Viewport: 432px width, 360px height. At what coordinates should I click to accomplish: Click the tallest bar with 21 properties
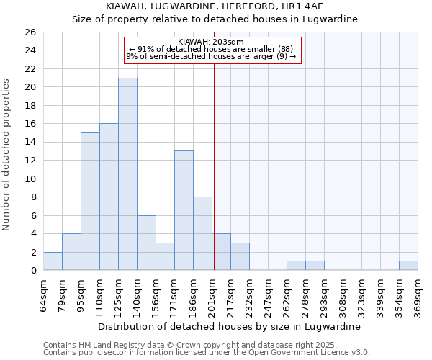127,174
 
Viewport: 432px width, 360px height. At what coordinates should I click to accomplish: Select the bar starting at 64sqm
53,261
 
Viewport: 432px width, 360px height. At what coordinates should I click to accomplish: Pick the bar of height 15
90,202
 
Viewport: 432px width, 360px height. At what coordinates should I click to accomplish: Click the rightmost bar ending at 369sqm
408,266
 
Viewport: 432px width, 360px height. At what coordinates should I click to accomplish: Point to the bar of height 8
202,233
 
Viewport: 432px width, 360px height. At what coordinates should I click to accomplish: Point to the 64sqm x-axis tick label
44,295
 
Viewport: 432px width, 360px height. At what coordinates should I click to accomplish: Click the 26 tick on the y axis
30,32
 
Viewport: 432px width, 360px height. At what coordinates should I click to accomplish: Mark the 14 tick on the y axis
30,143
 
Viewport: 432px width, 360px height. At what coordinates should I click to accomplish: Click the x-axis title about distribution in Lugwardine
230,326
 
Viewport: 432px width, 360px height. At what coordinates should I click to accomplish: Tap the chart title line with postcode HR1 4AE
215,6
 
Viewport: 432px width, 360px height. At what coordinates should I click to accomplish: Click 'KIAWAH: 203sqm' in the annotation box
212,42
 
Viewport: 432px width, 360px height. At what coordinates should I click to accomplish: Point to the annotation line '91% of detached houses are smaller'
211,49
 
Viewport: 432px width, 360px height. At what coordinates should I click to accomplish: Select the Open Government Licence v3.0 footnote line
207,353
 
